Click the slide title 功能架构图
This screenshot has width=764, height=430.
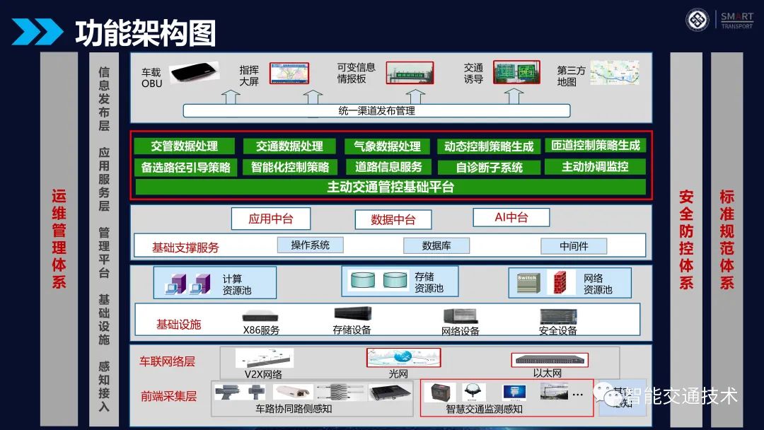coord(145,33)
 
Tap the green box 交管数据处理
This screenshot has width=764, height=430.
coord(184,146)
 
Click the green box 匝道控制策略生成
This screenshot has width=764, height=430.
coord(596,146)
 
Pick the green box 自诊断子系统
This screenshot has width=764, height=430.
coord(490,168)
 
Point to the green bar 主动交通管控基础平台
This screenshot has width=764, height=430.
coord(390,187)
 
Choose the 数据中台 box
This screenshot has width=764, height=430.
coord(393,220)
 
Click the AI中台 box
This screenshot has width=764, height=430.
coord(511,218)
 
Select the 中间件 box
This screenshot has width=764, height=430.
coord(574,246)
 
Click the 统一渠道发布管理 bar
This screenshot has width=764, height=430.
coord(376,111)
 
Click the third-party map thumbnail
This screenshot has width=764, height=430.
coord(614,73)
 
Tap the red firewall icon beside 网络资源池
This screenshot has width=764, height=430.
coord(561,282)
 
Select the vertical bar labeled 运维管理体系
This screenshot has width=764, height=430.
coord(59,238)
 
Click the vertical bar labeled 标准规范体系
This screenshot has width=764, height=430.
coord(727,238)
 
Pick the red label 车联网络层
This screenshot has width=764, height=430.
coord(167,361)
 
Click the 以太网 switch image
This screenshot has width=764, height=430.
coord(547,359)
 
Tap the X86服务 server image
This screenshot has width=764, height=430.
coord(260,317)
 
